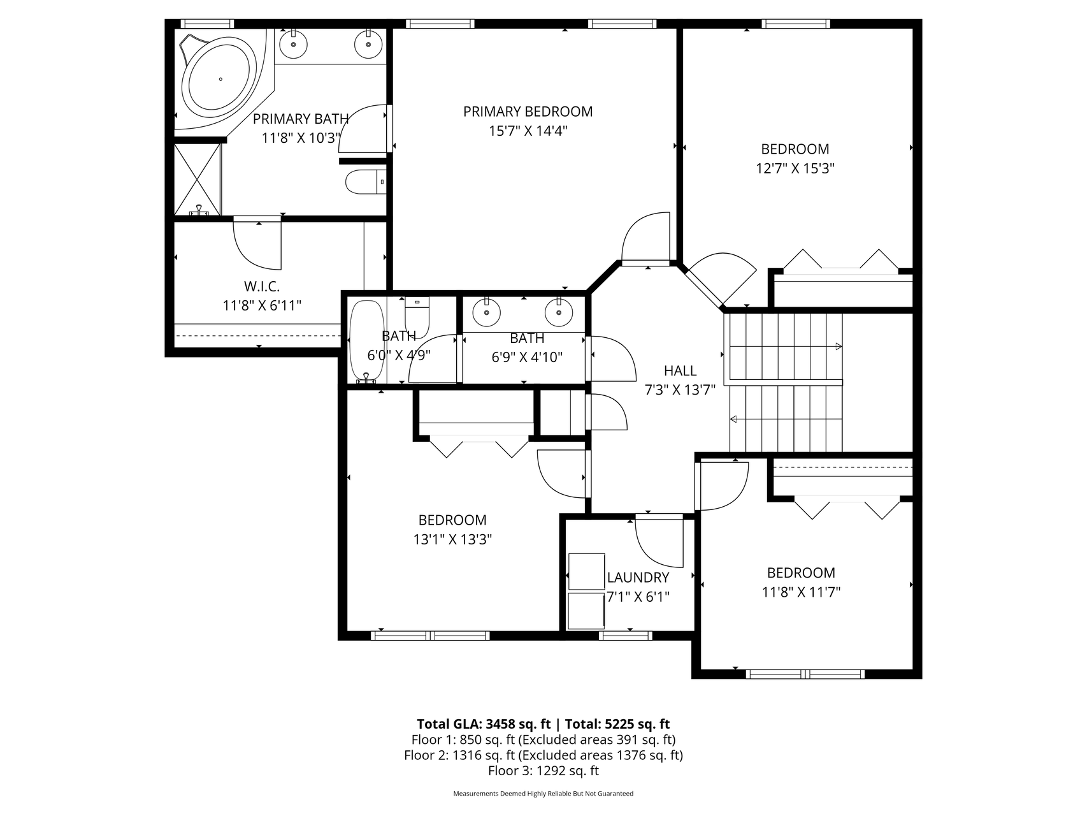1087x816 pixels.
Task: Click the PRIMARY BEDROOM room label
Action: tap(528, 112)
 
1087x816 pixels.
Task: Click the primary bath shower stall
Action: tap(198, 179)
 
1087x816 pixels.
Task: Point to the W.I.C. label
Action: tap(262, 286)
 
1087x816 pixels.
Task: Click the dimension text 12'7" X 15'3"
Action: tap(795, 168)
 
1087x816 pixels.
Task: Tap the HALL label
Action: tap(680, 370)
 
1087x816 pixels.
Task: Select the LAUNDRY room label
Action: tap(638, 578)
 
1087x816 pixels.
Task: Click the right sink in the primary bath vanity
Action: tap(369, 44)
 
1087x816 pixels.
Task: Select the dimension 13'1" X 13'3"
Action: tap(452, 539)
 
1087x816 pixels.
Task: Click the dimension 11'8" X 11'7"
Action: tap(801, 592)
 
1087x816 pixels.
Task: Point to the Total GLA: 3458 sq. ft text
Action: tap(484, 724)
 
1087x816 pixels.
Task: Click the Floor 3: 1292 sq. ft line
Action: tap(543, 771)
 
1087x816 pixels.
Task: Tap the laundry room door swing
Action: tap(659, 543)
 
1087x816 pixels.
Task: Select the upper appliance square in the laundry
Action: tap(586, 571)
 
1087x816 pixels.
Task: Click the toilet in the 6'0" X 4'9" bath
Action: tap(417, 312)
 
